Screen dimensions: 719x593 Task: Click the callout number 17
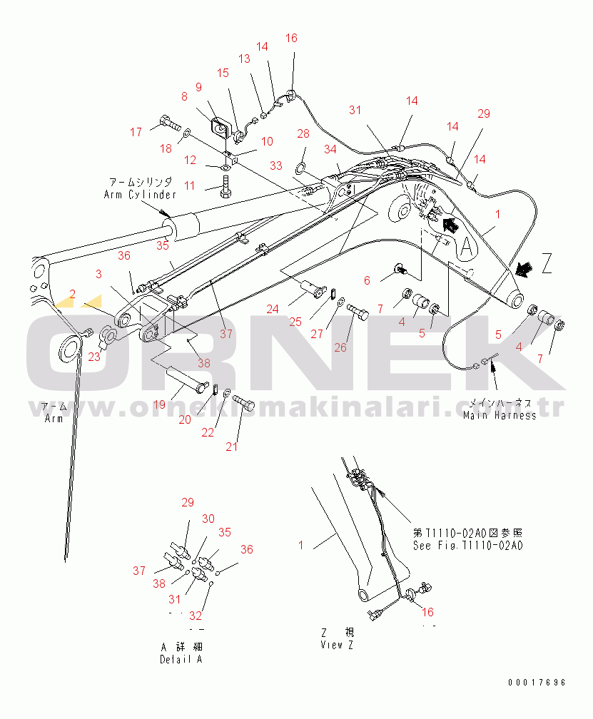coord(136,131)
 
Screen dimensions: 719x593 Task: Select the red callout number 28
coord(303,134)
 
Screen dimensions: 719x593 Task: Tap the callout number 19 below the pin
coord(159,404)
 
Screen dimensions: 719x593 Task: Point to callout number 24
coord(273,309)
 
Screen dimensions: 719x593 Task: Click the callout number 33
coord(276,165)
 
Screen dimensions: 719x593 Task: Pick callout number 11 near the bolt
coord(190,185)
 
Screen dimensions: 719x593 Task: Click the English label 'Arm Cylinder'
coord(140,195)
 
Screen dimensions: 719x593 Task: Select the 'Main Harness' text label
coord(499,415)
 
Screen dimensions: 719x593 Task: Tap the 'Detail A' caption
coord(181,660)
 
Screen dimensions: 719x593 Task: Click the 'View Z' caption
coord(337,645)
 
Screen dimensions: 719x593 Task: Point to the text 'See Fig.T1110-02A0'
coord(467,545)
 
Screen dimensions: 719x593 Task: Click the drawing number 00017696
coord(537,683)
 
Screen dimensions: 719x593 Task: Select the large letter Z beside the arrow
coord(547,265)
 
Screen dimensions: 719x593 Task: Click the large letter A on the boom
coord(467,247)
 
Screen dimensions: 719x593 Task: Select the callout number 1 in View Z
coord(301,545)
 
